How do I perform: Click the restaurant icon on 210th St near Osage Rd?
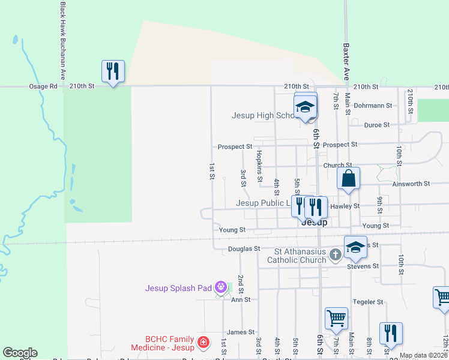(113, 71)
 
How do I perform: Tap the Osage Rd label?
(43, 86)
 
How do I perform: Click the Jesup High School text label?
(263, 116)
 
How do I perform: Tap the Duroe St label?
(377, 125)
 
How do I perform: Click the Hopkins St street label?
(259, 166)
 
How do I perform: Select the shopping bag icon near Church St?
(348, 178)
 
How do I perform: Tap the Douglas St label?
(244, 248)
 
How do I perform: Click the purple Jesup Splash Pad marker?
(221, 288)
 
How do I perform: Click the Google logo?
(20, 353)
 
